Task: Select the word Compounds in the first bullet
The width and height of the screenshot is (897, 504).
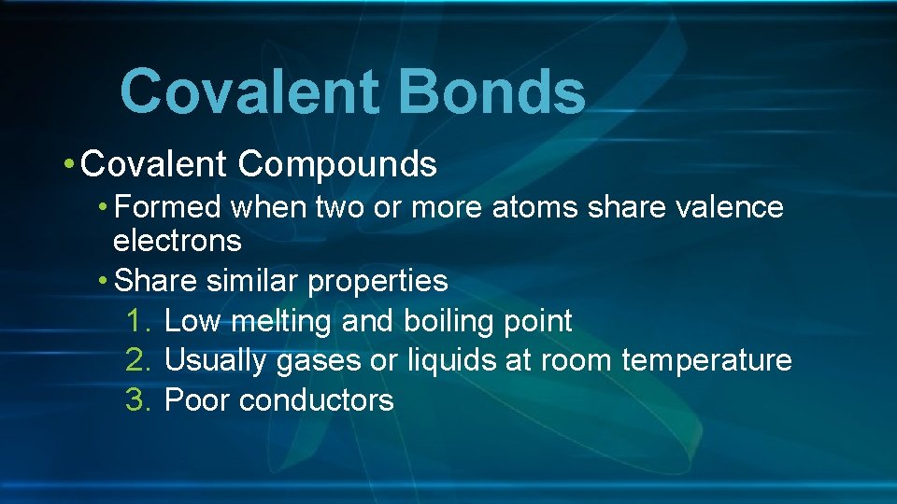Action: coord(337,164)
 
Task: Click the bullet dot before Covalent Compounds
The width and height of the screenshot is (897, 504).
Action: coord(70,165)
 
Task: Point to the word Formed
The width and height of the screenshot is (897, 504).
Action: coord(168,206)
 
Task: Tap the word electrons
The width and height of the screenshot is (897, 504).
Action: coord(177,241)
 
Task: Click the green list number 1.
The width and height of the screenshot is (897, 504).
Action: coord(135,321)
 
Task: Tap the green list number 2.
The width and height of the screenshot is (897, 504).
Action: coord(136,360)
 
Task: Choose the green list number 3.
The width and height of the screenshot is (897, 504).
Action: coord(136,400)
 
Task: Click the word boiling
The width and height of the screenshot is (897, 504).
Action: coord(440,321)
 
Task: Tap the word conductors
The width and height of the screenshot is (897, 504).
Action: coord(316,400)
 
